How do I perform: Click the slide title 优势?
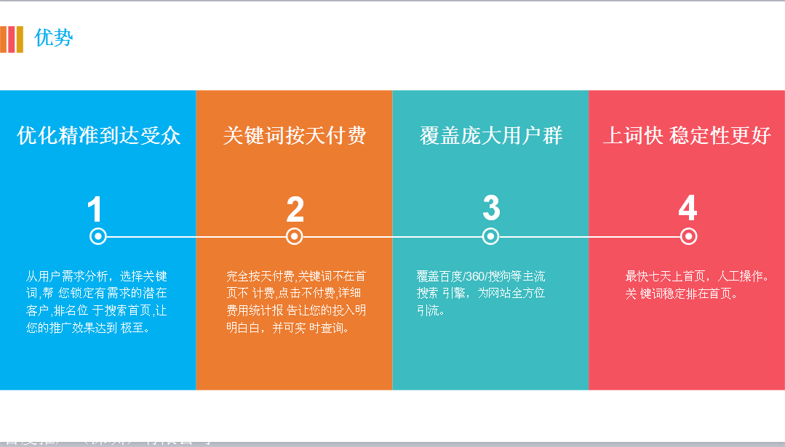(x=54, y=38)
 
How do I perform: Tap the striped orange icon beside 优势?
(x=12, y=39)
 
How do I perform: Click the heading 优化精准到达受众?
(x=98, y=136)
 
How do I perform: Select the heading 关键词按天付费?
(x=294, y=136)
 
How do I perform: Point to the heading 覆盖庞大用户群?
(x=491, y=136)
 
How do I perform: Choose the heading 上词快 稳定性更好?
(x=687, y=136)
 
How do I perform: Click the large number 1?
(x=95, y=210)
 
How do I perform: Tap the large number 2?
(x=295, y=210)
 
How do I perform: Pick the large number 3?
(x=491, y=208)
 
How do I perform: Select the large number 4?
(x=688, y=209)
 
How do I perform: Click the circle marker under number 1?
(x=98, y=236)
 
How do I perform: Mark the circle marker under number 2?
(x=295, y=236)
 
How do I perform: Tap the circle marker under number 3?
(x=491, y=236)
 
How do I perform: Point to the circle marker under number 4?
(x=689, y=236)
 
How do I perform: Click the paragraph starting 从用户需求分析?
(x=97, y=302)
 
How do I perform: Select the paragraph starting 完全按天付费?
(x=296, y=302)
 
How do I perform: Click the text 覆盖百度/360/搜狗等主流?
(x=481, y=276)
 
